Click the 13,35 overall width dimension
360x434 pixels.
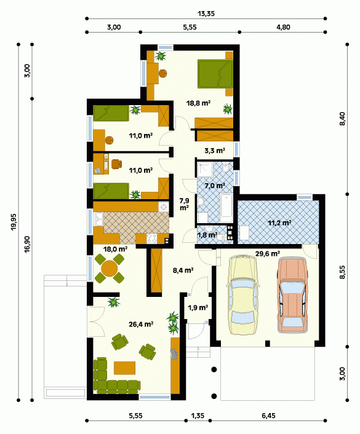tap(206, 14)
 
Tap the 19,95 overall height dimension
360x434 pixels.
tap(14, 222)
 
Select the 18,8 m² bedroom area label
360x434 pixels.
tap(198, 103)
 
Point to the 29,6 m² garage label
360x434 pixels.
tap(267, 253)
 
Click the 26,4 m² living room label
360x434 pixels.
tap(141, 324)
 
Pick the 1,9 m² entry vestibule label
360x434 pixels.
tap(198, 307)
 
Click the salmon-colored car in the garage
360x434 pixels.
tap(293, 294)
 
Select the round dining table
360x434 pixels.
tap(109, 268)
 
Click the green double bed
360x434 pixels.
tap(215, 74)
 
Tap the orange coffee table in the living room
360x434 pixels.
tap(125, 368)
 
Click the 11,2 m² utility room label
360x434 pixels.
tap(279, 223)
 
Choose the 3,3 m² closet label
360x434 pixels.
tap(215, 151)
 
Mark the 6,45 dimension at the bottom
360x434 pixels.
tap(268, 416)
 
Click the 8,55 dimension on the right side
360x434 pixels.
tap(342, 272)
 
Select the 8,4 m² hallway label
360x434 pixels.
tap(183, 270)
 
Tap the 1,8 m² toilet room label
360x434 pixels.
tap(207, 235)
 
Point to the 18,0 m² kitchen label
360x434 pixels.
tap(115, 249)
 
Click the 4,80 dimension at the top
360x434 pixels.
tap(283, 27)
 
